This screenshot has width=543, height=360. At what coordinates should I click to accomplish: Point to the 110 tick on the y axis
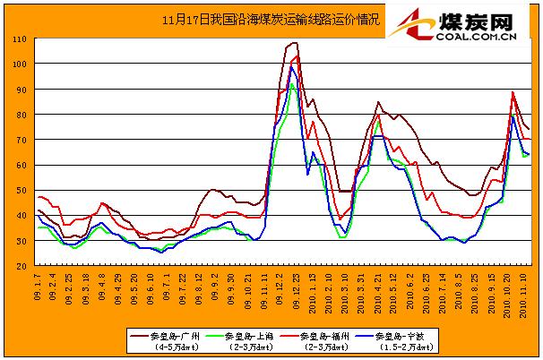click(x=18, y=39)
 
